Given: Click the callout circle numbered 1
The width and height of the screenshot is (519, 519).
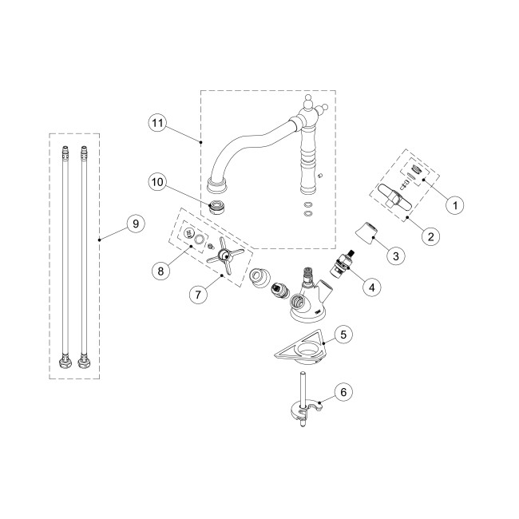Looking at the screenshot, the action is point(455,205).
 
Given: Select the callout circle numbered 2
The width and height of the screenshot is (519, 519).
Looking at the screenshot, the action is point(430,236).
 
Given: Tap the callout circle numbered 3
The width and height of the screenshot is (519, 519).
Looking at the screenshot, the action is point(396,256).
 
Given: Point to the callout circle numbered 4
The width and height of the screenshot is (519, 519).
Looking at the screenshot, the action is point(372,287).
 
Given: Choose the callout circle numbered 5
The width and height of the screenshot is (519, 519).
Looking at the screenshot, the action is point(343,335).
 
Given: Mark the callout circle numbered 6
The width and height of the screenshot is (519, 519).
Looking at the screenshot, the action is point(343,392).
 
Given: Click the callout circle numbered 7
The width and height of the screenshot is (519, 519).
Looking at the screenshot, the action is point(198,294).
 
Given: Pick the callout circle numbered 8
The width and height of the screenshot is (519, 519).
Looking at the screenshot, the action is point(160,271).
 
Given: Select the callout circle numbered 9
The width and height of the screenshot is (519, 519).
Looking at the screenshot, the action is point(136,224).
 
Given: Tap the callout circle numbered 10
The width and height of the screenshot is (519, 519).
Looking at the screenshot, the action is point(157,182).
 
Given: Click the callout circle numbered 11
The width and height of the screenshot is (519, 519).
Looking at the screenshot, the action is point(157,123).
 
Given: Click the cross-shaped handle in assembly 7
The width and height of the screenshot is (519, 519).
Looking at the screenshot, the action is point(223,256).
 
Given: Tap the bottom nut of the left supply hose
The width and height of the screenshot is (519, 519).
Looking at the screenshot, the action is point(65,363).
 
